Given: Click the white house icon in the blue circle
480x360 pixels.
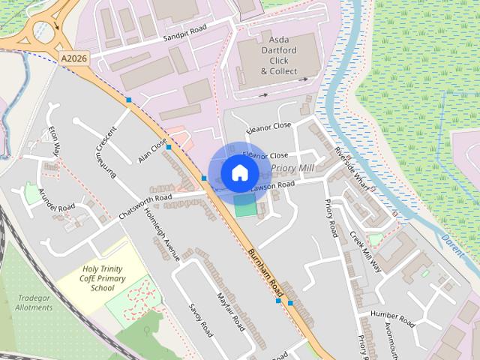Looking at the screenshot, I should (239, 172).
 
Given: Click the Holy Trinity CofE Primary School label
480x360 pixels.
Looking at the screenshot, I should (104, 277).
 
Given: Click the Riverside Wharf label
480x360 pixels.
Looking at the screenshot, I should (352, 163).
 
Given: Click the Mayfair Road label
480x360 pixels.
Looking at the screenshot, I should (229, 312).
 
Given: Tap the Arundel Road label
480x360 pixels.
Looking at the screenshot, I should (57, 196).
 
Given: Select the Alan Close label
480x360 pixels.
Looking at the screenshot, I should (152, 151).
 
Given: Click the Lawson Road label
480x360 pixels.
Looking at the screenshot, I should (273, 185).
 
